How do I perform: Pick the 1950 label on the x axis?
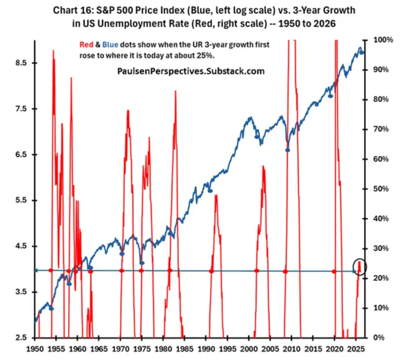point(35,350)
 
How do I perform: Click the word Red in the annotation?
point(84,44)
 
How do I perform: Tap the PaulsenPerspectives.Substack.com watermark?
point(190,72)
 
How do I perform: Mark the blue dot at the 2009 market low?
point(287,150)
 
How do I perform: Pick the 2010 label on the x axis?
point(291,350)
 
